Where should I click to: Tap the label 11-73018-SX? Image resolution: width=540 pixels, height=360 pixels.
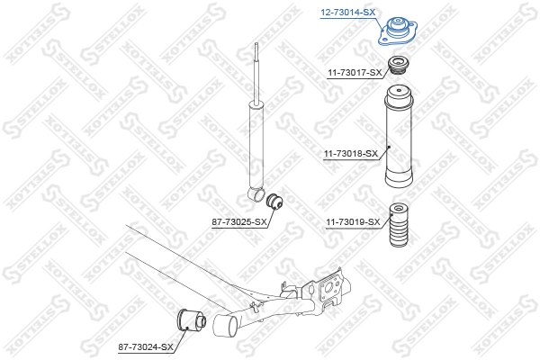[x=349, y=155]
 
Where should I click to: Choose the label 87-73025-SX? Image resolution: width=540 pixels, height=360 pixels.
[x=238, y=221]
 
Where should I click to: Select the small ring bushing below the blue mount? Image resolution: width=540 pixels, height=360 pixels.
[x=397, y=65]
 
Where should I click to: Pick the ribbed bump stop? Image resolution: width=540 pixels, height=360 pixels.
[x=397, y=230]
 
